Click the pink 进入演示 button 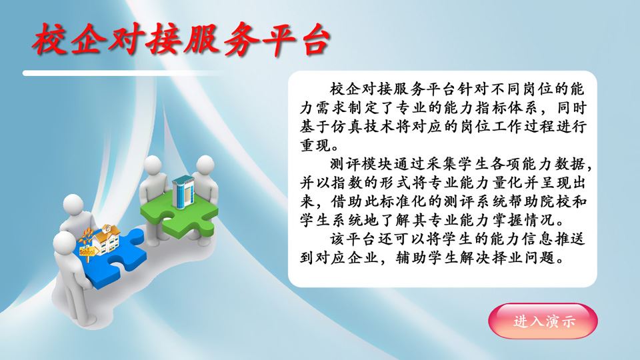pyautogui.click(x=543, y=321)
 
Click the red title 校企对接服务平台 pyautogui.click(x=181, y=39)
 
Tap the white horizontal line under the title pyautogui.click(x=123, y=73)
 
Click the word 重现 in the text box pyautogui.click(x=315, y=145)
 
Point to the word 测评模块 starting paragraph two pyautogui.click(x=361, y=164)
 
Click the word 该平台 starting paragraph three pyautogui.click(x=353, y=239)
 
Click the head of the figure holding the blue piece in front pyautogui.click(x=64, y=244)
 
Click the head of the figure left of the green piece pyautogui.click(x=153, y=167)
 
